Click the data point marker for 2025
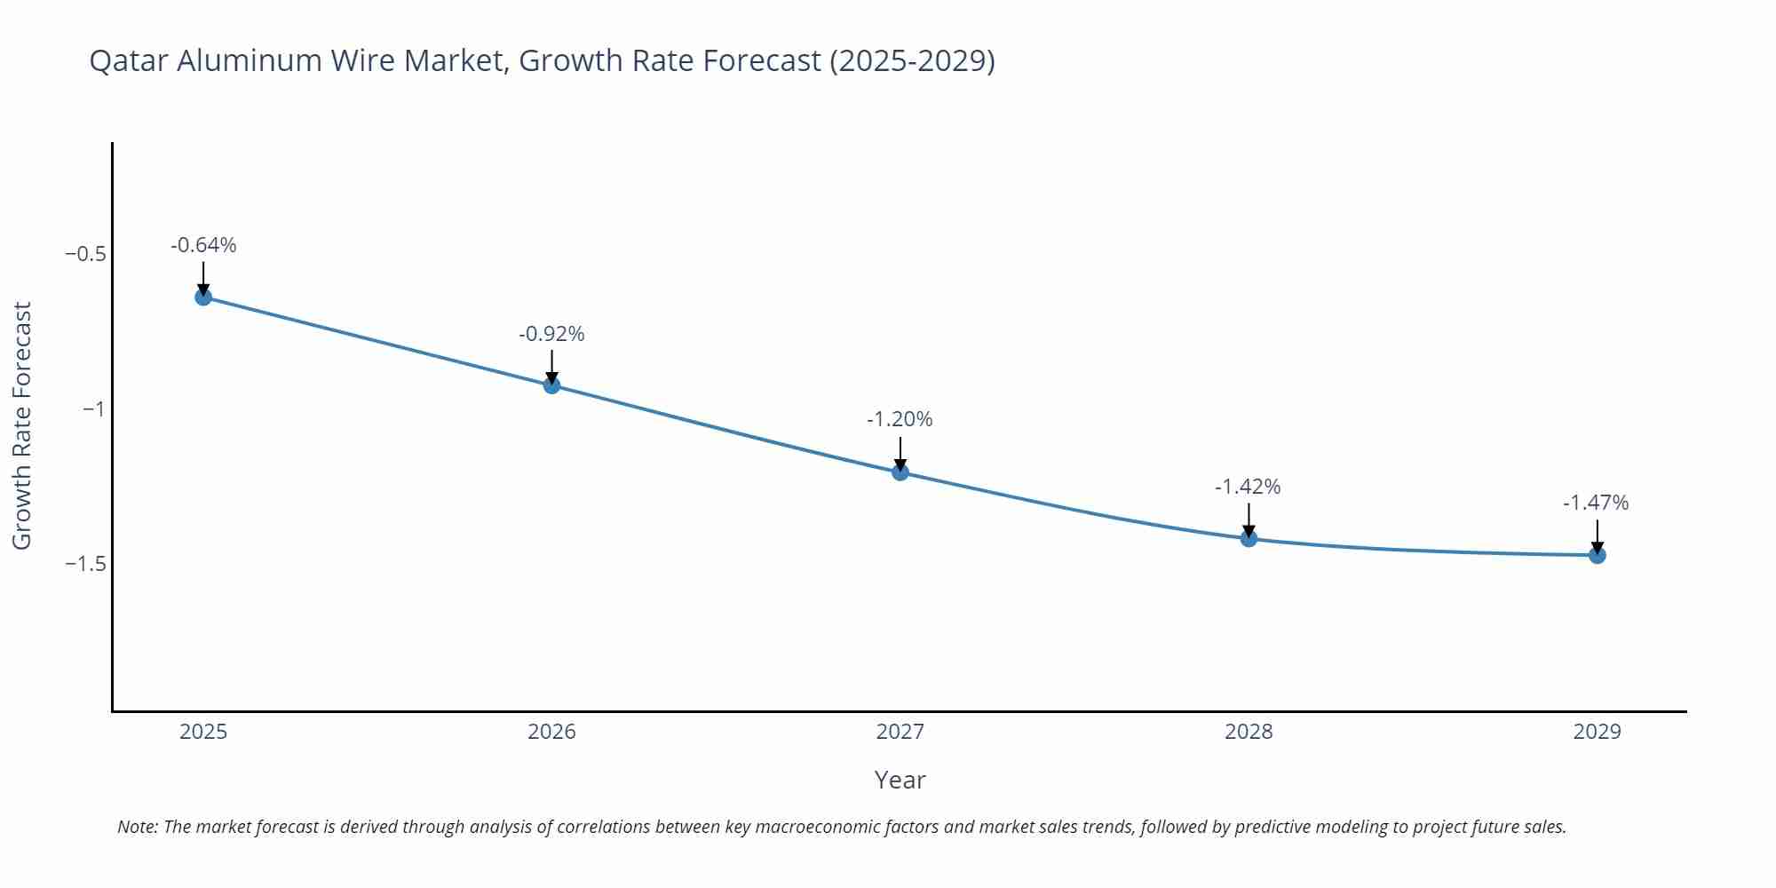(203, 297)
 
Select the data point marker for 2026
(551, 385)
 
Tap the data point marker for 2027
(900, 472)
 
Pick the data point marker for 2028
(1249, 538)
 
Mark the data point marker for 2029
(1597, 555)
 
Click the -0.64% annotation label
(203, 245)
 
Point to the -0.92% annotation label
(551, 334)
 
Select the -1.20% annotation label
(900, 419)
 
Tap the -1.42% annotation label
(1248, 487)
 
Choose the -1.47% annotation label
(1596, 503)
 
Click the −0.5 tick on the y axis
(85, 254)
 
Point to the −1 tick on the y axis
(93, 408)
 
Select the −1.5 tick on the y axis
(85, 564)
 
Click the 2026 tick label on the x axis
(551, 732)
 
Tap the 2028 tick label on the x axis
(1249, 732)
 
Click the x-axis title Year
(900, 780)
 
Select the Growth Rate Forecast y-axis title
(22, 425)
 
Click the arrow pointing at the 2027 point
(900, 453)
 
